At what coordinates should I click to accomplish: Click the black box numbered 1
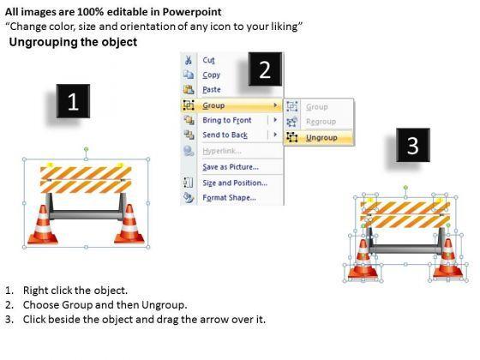(73, 101)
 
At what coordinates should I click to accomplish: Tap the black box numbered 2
(265, 69)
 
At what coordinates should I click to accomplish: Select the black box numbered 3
(413, 145)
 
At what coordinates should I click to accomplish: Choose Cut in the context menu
(208, 60)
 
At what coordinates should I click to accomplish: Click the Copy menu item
(211, 75)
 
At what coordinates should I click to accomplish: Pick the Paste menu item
(212, 90)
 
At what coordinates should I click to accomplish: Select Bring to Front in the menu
(227, 120)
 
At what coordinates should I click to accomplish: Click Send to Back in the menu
(225, 135)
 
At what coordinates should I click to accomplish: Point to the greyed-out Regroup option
(321, 122)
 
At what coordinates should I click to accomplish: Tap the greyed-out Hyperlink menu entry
(222, 151)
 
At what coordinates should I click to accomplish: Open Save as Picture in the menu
(231, 167)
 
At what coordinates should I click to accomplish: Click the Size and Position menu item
(235, 183)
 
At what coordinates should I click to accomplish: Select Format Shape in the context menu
(230, 198)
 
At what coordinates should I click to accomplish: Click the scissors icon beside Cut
(189, 60)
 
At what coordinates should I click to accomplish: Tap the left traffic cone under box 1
(43, 225)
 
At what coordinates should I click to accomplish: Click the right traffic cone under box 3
(447, 260)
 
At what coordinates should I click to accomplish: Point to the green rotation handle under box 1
(87, 149)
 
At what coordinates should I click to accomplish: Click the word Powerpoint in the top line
(192, 12)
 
